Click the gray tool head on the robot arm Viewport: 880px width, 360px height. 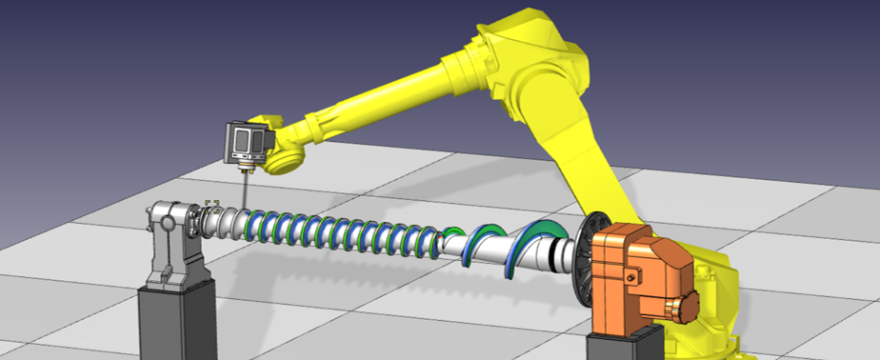click(x=247, y=144)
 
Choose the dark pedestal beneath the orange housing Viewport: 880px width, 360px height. click(x=624, y=345)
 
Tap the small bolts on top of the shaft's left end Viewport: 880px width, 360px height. click(x=212, y=202)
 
